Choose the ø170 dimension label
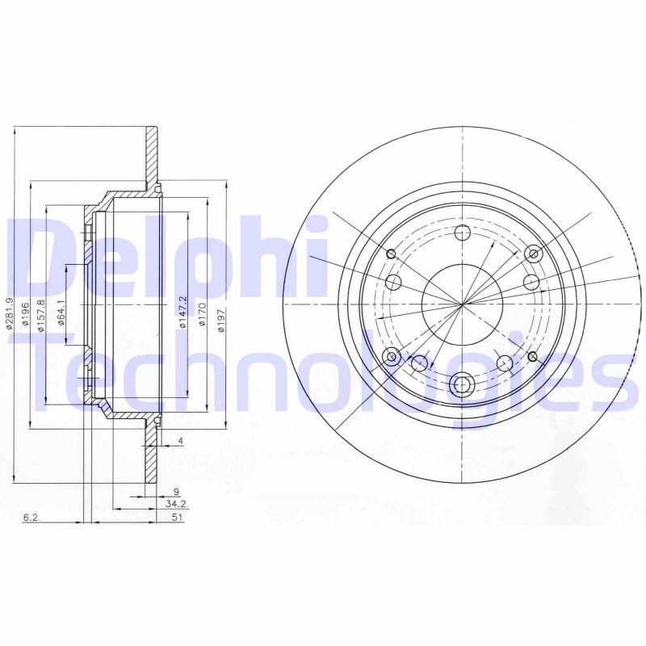coord(203,313)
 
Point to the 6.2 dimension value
coord(31,518)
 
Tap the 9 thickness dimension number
coord(175,489)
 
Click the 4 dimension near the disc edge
coord(182,441)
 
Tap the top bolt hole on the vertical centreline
coord(463,234)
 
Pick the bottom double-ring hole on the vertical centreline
coord(463,384)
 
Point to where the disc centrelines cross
coord(463,305)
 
